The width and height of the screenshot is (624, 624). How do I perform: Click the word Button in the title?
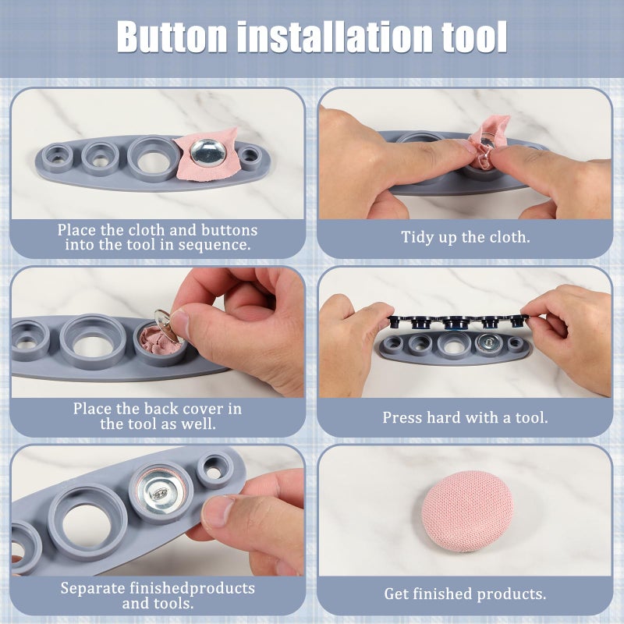click(x=172, y=37)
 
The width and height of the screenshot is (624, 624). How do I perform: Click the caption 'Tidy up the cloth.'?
click(x=465, y=237)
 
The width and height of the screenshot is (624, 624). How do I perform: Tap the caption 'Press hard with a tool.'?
click(x=465, y=417)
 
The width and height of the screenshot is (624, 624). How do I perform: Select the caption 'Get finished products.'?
click(x=465, y=594)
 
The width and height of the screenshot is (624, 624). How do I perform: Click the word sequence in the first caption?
click(x=214, y=244)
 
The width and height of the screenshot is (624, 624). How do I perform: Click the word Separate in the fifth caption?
click(x=93, y=588)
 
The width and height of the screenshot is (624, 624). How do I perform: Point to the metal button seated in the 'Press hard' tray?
click(x=488, y=342)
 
